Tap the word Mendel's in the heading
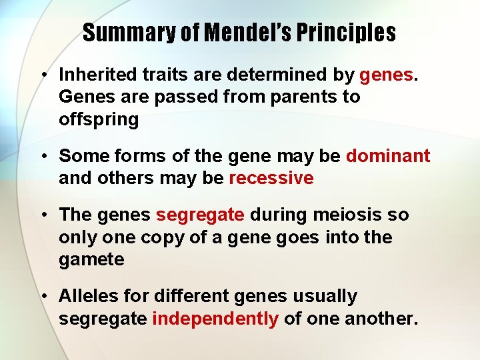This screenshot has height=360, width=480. point(243,33)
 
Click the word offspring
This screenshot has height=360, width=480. point(99,120)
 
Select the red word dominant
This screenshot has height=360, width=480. point(388,156)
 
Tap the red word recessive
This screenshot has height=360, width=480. point(271,179)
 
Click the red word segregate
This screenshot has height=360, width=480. point(200,215)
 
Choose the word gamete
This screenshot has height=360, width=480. point(91,260)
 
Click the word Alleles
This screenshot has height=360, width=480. point(90,296)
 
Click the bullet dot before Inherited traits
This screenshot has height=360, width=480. point(42,75)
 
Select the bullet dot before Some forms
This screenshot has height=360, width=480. point(42,157)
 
